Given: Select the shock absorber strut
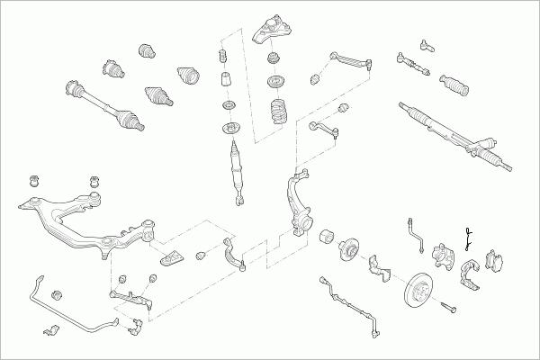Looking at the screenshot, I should pyautogui.click(x=237, y=162).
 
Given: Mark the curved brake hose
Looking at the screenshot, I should pyautogui.click(x=416, y=231).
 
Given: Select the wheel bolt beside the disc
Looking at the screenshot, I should pyautogui.click(x=451, y=309).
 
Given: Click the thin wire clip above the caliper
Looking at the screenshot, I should pyautogui.click(x=467, y=236).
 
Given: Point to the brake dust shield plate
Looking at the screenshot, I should pyautogui.click(x=377, y=265).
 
